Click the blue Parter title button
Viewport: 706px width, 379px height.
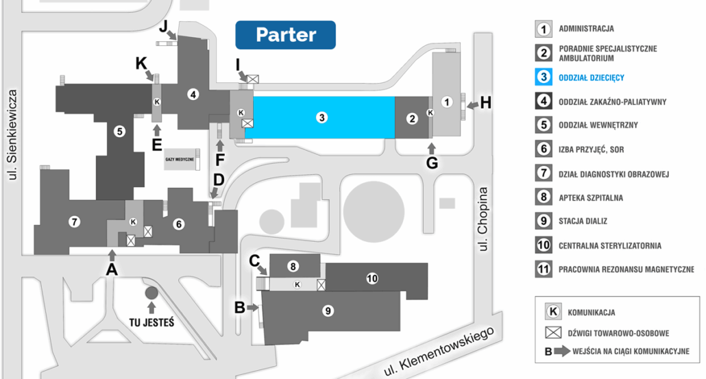[285, 35]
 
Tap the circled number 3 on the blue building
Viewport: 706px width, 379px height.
[321, 118]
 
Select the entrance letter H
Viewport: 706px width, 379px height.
[486, 103]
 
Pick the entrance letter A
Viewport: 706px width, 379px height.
[111, 269]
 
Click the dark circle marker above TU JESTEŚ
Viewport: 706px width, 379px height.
[151, 293]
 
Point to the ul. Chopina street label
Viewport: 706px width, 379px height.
[484, 218]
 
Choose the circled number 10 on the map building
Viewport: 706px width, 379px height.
[372, 278]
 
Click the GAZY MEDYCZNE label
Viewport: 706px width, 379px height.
[180, 159]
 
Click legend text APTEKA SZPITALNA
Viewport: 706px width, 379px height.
[590, 198]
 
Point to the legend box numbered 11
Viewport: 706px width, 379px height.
[544, 269]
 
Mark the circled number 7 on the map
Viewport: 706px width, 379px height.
[74, 221]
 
